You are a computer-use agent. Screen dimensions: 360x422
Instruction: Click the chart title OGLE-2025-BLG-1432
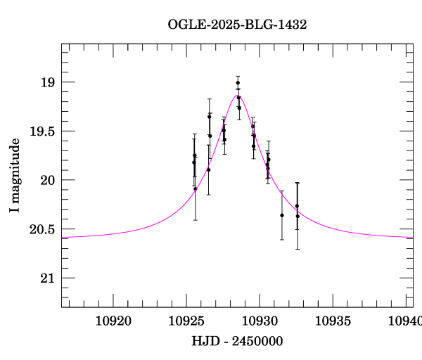[x=237, y=24]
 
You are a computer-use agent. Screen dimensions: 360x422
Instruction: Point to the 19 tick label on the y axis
[x=46, y=83]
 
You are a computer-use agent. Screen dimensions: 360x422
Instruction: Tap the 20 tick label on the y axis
[x=46, y=181]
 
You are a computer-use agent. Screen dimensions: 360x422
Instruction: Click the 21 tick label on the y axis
[x=46, y=278]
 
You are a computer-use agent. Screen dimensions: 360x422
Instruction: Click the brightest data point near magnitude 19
[x=238, y=83]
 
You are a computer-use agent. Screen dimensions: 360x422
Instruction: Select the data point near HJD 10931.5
[x=282, y=215]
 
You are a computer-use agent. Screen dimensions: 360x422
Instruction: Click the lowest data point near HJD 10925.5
[x=196, y=188]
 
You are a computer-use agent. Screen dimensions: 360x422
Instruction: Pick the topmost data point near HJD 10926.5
[x=209, y=116]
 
